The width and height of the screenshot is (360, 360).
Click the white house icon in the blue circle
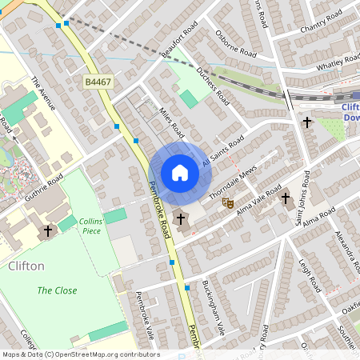179,172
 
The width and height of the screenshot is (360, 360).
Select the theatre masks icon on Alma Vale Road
227,204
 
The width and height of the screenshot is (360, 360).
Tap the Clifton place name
26,265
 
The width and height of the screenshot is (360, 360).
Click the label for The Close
57,290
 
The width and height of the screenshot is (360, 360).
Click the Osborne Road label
236,43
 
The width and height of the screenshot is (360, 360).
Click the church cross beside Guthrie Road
47,232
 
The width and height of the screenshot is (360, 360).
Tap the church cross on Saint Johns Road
308,122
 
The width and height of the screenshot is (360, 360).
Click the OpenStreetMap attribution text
80,354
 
